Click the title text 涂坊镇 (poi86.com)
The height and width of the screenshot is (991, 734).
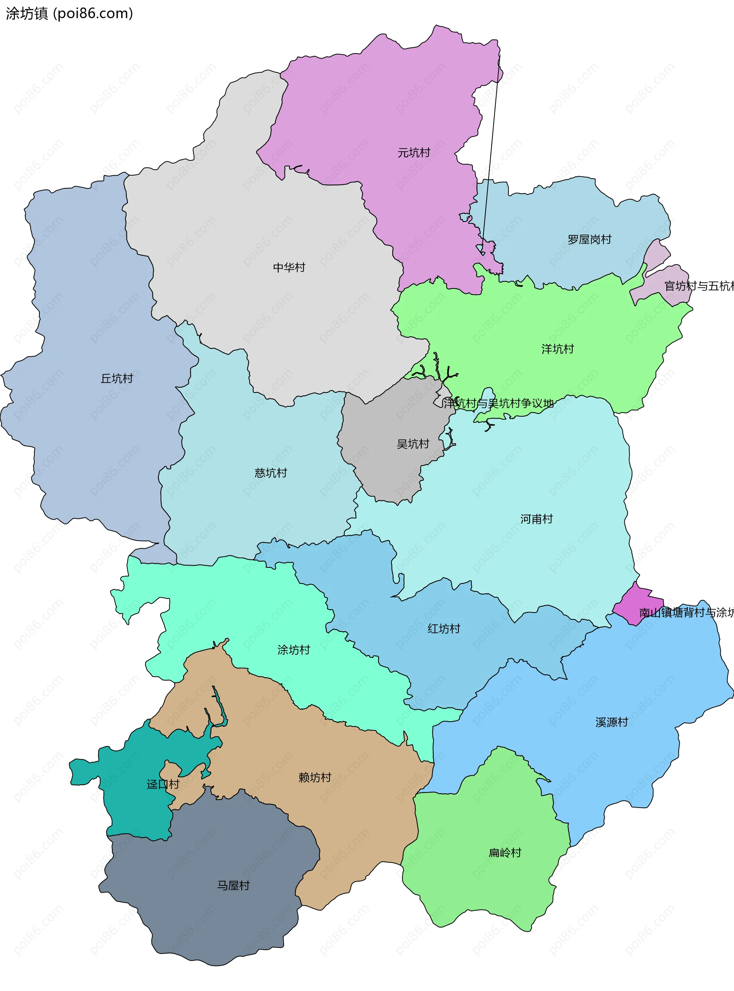point(69,14)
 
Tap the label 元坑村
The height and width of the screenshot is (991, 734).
point(414,153)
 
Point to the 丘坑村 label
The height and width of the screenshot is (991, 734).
point(117,379)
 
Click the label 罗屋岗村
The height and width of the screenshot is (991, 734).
point(589,240)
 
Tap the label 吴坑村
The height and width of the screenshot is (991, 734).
point(413,444)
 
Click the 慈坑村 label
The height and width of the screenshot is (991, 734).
point(271,473)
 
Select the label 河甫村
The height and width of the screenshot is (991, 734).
point(536,519)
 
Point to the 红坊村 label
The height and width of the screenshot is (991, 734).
point(443,629)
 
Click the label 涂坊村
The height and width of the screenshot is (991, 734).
point(293,650)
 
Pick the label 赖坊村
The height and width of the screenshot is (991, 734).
point(315,777)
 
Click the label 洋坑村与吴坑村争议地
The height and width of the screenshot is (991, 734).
point(498,404)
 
